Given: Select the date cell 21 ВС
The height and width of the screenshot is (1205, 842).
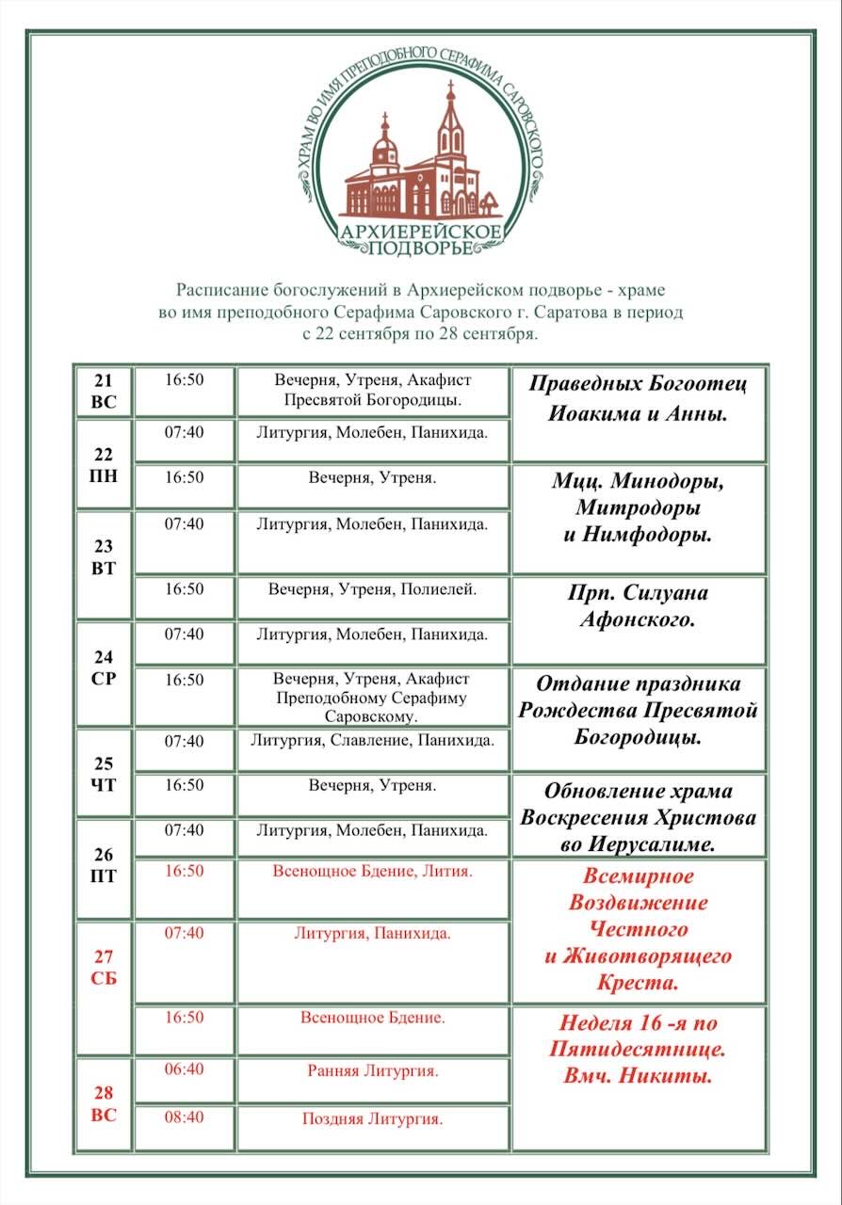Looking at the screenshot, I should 104,390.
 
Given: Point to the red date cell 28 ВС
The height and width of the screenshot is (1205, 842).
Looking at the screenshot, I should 104,1103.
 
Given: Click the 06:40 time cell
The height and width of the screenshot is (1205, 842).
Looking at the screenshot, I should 184,1069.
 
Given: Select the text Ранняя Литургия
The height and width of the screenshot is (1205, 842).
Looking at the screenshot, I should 373,1070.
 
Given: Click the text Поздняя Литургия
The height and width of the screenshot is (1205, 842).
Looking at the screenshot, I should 373,1119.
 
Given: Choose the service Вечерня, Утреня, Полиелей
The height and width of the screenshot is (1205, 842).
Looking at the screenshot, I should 373,590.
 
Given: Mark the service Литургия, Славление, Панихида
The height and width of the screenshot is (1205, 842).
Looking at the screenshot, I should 373,741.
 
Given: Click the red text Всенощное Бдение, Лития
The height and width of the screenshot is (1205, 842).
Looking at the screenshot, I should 373,872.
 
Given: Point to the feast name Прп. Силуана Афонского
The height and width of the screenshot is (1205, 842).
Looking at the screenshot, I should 638,607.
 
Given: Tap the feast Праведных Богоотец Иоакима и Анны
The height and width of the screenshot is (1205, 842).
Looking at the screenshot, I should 638,398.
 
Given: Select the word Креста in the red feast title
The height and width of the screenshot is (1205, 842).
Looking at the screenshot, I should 638,983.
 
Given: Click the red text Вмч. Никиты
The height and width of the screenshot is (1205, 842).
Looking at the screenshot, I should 638,1076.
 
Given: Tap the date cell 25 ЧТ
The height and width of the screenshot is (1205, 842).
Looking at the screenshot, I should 104,773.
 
